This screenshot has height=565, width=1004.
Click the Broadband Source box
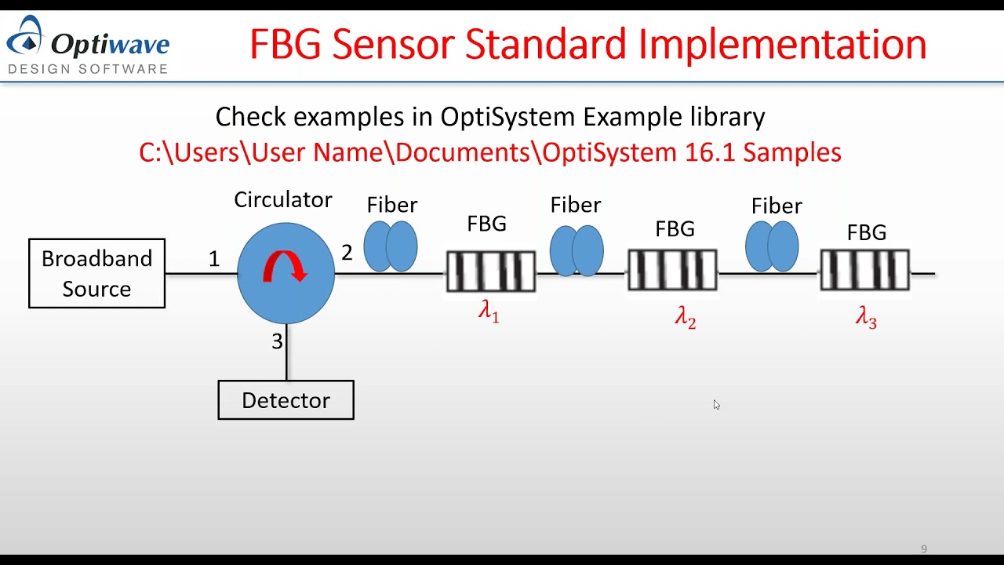pyautogui.click(x=96, y=273)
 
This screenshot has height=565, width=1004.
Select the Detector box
pyautogui.click(x=286, y=400)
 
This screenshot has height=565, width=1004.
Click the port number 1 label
pyautogui.click(x=214, y=259)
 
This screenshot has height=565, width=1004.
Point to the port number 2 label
pyautogui.click(x=347, y=253)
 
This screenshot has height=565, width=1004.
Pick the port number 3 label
pyautogui.click(x=277, y=342)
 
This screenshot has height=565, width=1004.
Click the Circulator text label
pyautogui.click(x=283, y=200)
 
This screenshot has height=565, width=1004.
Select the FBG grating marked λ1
pyautogui.click(x=490, y=272)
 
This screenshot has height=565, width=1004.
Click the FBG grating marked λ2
pyautogui.click(x=672, y=270)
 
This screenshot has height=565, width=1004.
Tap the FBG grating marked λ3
pyautogui.click(x=864, y=270)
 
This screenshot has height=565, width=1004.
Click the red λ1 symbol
pyautogui.click(x=489, y=312)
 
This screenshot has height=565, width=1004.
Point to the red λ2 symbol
pyautogui.click(x=685, y=317)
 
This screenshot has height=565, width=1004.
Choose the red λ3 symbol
pyautogui.click(x=866, y=317)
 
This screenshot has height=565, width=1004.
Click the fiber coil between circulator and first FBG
pyautogui.click(x=391, y=246)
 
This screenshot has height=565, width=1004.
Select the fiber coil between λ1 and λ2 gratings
pyautogui.click(x=577, y=251)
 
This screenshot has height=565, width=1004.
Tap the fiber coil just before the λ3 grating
pyautogui.click(x=772, y=246)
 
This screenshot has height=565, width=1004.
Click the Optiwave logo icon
pyautogui.click(x=28, y=36)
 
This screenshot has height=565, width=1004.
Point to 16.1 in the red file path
pyautogui.click(x=710, y=151)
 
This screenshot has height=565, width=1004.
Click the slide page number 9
pyautogui.click(x=924, y=549)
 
